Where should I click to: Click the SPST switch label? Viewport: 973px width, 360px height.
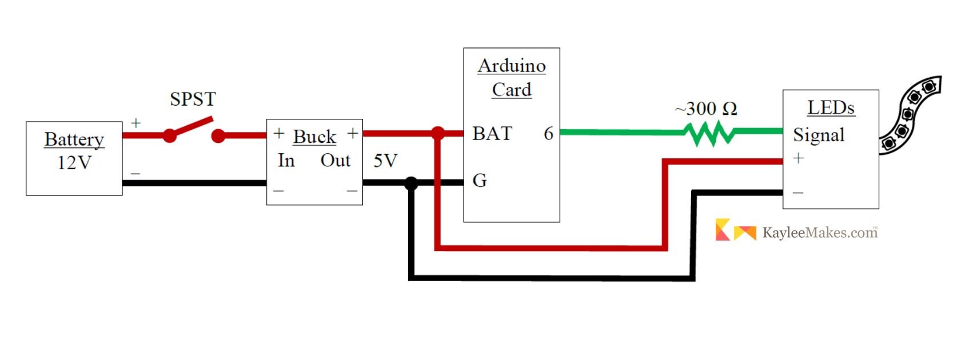point(193,99)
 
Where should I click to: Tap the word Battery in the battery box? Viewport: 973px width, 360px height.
point(74,140)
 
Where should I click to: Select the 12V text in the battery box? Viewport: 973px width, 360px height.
point(74,163)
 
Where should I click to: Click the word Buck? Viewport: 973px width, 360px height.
point(314,137)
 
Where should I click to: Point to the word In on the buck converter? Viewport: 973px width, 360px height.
point(286,161)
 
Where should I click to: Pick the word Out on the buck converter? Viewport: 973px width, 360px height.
point(336,161)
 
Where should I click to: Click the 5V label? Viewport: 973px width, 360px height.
point(385,161)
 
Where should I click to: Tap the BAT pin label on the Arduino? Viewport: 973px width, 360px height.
point(492,134)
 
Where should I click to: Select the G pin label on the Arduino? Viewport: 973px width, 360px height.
point(480,180)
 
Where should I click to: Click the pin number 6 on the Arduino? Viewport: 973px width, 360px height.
point(549,134)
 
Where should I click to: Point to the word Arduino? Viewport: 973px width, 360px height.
point(512,66)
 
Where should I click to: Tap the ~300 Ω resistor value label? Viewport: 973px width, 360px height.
point(706,109)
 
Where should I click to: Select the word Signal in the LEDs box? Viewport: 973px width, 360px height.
point(819,135)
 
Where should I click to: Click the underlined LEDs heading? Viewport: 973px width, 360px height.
point(831,107)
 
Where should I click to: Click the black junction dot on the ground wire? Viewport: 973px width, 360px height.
point(411,183)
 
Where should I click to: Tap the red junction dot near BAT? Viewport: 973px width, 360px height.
point(438,133)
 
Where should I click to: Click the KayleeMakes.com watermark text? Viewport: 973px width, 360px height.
point(820,233)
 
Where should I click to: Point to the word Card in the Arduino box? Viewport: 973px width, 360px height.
point(512,90)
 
